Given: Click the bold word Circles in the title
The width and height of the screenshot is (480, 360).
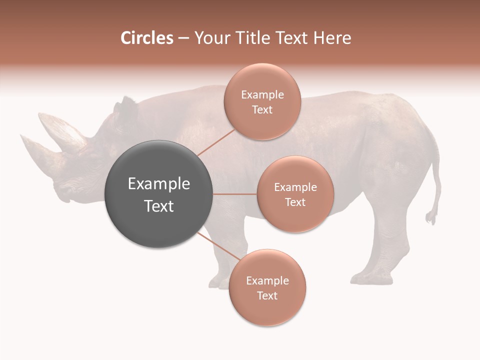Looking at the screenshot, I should click(x=146, y=38).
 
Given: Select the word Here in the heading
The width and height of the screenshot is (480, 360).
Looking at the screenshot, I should click(x=331, y=38).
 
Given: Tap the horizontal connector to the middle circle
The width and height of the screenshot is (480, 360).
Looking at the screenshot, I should click(x=235, y=194).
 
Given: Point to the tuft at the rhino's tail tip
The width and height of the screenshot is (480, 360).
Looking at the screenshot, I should click(x=430, y=217).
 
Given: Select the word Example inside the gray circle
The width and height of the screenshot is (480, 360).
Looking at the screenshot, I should click(x=159, y=184).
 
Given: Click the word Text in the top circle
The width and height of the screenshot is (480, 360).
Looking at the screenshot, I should click(x=262, y=110).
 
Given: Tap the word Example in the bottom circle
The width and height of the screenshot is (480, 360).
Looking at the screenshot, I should click(x=267, y=281).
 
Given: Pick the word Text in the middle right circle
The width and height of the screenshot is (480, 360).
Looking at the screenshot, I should click(x=295, y=202).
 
